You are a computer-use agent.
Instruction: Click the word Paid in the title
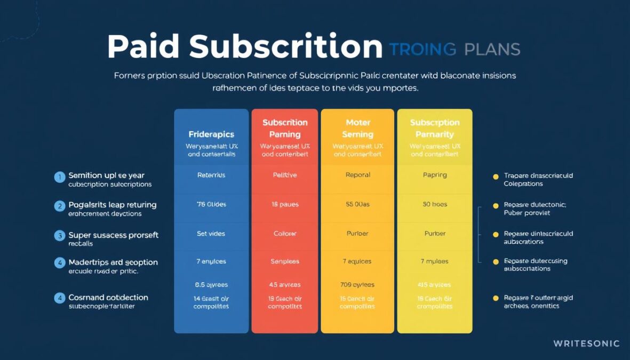(143, 47)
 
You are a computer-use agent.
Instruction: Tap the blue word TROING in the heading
(422, 50)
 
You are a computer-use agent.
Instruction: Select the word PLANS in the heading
(492, 50)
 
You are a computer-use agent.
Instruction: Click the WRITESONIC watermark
(586, 343)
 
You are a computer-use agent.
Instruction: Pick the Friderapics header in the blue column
(211, 134)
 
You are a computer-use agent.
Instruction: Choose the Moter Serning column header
(358, 129)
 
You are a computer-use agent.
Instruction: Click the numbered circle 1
(60, 177)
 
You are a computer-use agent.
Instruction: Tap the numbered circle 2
(60, 206)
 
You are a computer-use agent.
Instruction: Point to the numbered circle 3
(60, 236)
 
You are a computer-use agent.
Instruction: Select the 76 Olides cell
(211, 204)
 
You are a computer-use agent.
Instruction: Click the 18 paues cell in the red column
(285, 204)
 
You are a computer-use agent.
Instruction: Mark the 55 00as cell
(358, 204)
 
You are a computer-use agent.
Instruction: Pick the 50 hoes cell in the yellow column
(435, 204)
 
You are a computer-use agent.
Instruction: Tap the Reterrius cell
(211, 175)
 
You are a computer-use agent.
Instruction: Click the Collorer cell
(285, 234)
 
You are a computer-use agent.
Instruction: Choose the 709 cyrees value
(358, 285)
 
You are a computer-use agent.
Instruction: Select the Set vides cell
(211, 234)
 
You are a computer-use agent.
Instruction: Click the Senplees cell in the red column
(285, 261)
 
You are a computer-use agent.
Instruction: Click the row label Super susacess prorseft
(114, 235)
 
